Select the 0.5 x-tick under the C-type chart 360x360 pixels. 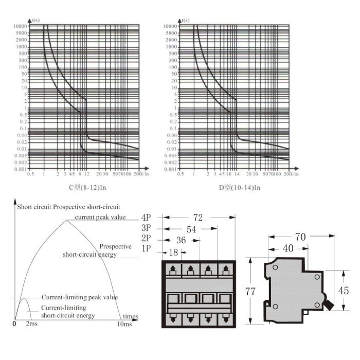(x=30, y=175)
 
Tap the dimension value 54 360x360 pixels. (x=191, y=229)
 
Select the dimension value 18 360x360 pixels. (x=173, y=253)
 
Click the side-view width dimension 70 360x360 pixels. (x=301, y=238)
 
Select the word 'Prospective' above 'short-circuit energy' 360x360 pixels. (x=116, y=246)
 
